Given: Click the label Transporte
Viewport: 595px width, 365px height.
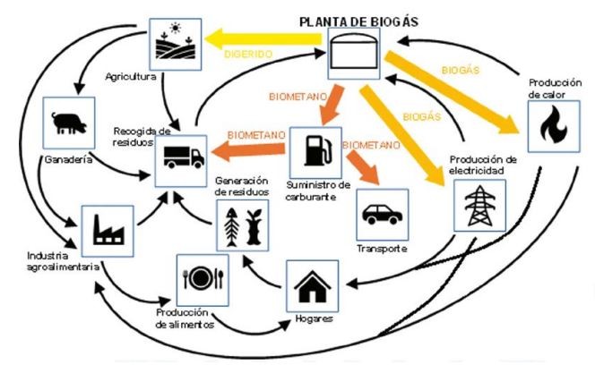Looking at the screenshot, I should point(382,248).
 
